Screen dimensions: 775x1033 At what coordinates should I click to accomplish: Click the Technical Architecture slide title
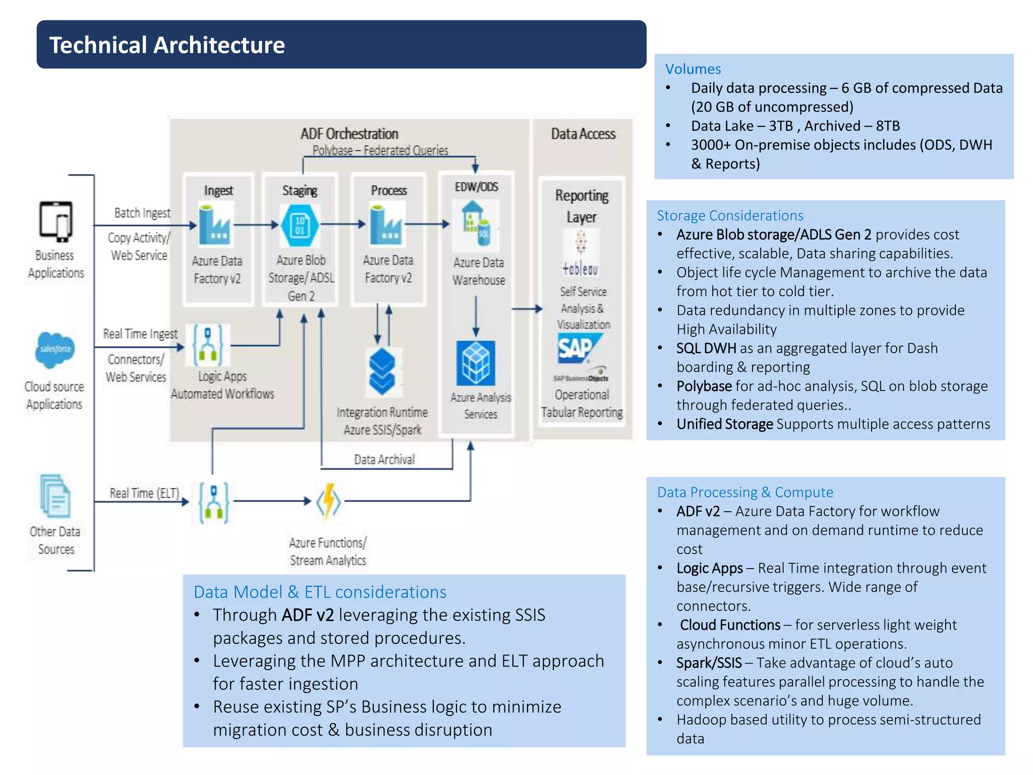pos(167,45)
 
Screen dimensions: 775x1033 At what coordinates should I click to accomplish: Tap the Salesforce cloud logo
pos(55,349)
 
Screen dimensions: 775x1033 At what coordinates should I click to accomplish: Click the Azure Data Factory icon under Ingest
pos(216,224)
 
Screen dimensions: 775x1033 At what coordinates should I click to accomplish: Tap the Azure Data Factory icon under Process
pos(386,224)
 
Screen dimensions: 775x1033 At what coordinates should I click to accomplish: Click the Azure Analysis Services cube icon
pos(475,363)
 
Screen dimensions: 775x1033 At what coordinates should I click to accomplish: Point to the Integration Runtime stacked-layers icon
pos(382,371)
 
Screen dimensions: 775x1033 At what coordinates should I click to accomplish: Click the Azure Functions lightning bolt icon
pos(328,502)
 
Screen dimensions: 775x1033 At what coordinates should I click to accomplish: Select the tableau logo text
pos(580,269)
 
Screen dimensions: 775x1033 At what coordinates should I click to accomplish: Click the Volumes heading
pos(693,69)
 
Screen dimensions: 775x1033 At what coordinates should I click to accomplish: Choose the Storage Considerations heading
pos(729,216)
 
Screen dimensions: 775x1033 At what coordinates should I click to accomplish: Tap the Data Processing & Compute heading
pos(744,492)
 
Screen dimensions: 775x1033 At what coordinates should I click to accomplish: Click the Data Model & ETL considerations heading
pos(320,592)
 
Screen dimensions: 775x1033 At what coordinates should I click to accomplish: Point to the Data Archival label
pos(384,460)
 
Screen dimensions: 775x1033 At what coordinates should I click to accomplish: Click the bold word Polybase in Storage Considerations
pos(704,386)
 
